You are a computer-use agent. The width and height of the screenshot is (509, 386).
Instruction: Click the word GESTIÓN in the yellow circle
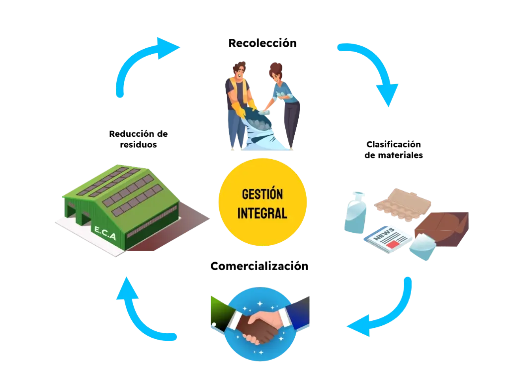click(x=262, y=194)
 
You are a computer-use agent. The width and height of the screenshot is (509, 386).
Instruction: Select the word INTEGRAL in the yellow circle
click(x=262, y=213)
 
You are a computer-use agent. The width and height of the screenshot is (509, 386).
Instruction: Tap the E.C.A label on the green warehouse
click(x=104, y=233)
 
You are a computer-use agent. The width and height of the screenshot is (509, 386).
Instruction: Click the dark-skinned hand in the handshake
click(x=249, y=328)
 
